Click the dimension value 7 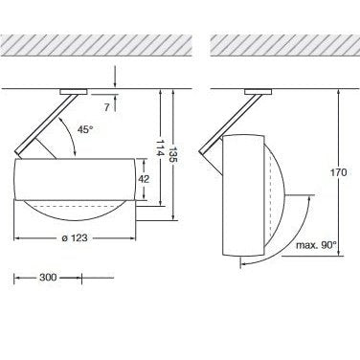[106, 107]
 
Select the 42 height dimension [144, 179]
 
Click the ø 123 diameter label [74, 238]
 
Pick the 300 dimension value [48, 278]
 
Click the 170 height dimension [338, 172]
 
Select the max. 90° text [316, 245]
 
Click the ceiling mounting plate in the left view [74, 92]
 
